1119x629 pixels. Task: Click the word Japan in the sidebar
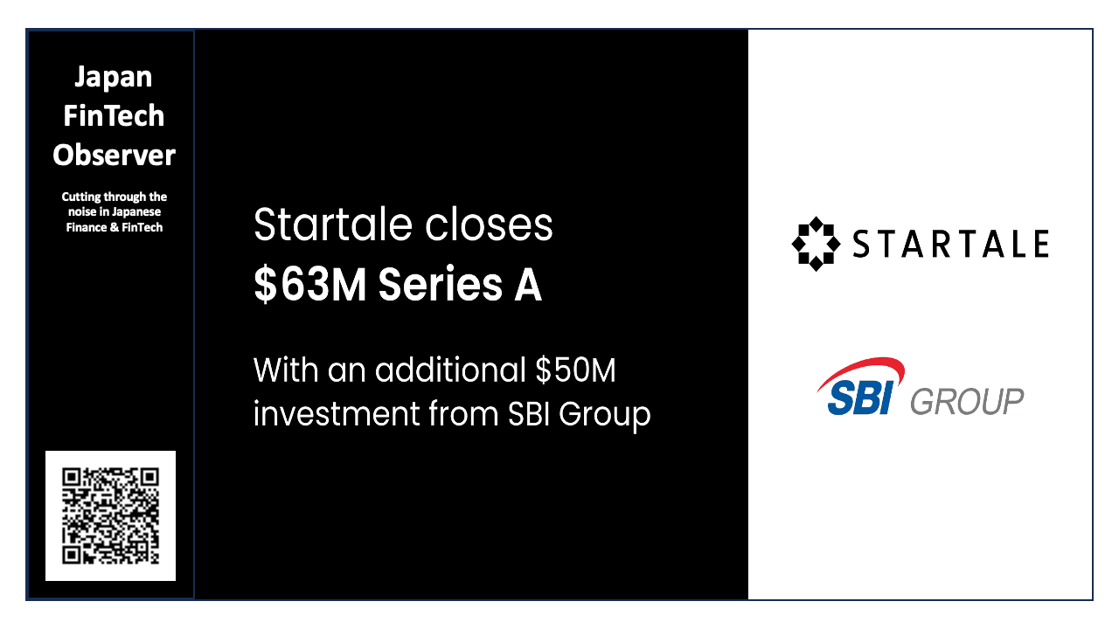tap(114, 78)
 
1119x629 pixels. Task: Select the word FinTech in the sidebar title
tap(114, 116)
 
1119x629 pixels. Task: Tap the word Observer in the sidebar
tap(114, 156)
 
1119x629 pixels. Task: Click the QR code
tap(111, 515)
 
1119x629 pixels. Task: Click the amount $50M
tap(575, 370)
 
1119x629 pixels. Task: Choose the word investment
tap(336, 412)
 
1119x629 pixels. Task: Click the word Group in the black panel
tap(605, 414)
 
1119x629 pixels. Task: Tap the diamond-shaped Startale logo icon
tap(816, 244)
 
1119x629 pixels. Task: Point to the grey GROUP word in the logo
tap(967, 402)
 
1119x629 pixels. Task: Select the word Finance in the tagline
tap(87, 227)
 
